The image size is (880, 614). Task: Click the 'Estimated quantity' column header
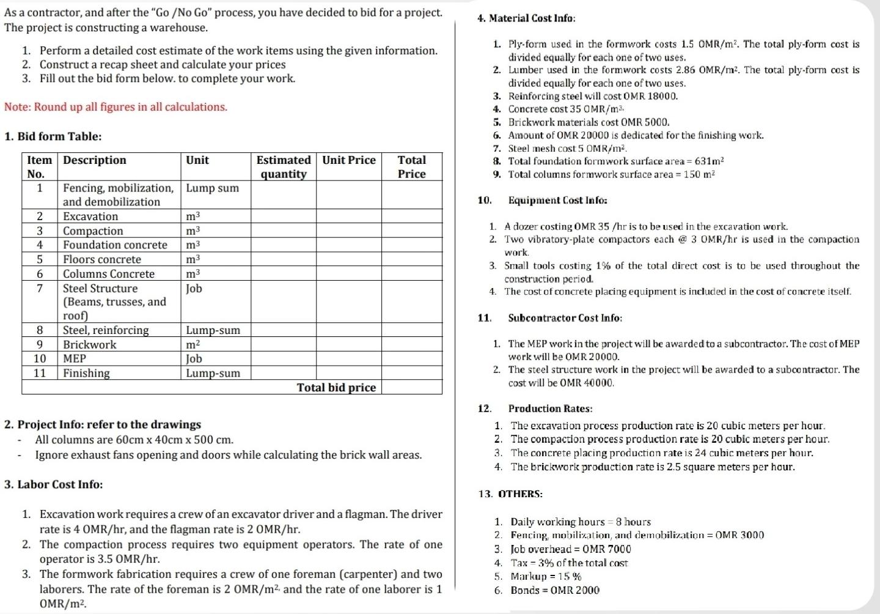[283, 167]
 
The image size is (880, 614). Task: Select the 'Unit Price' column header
[348, 160]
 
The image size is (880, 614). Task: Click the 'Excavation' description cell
[90, 216]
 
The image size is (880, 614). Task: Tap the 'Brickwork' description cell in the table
[89, 344]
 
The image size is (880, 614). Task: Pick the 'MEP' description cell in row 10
[75, 358]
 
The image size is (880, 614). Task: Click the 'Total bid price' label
[336, 387]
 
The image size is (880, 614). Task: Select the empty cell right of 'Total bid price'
[411, 387]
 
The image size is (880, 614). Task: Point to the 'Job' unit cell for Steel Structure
[194, 289]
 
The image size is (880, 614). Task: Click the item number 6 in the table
[40, 274]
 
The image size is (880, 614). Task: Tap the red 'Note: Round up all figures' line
[116, 107]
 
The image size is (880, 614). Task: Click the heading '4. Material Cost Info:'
[526, 18]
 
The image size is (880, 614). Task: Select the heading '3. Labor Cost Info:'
[53, 484]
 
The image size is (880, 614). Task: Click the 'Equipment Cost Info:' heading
[557, 200]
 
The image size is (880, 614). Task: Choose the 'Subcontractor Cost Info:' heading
[565, 318]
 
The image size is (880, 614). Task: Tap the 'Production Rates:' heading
[550, 409]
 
